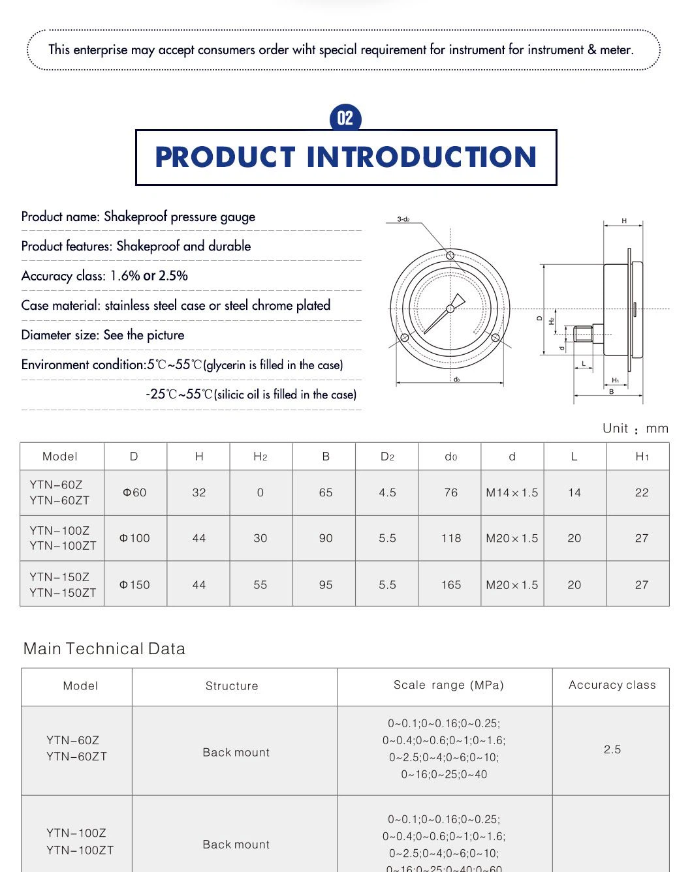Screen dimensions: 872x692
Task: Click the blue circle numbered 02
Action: (x=345, y=118)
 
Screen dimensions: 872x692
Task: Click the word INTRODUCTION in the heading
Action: (x=421, y=157)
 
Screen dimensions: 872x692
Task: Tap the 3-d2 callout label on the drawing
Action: (x=403, y=219)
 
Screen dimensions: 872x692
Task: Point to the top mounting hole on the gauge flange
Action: (x=450, y=255)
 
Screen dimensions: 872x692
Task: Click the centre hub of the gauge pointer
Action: (x=450, y=308)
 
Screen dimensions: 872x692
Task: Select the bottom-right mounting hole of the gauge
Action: (x=495, y=338)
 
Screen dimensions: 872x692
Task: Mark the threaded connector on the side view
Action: (x=582, y=334)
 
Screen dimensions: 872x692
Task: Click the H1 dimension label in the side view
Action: (x=616, y=380)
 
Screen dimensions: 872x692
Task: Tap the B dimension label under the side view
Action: (x=612, y=392)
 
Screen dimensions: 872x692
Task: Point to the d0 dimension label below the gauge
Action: (x=456, y=380)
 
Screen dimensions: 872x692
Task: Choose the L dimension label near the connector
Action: (x=584, y=364)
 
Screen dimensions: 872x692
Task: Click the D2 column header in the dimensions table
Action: (x=387, y=457)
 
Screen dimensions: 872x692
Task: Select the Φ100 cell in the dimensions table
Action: (x=134, y=538)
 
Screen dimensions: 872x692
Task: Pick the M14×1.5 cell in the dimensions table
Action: (x=512, y=492)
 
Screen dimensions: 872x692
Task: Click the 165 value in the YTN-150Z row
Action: (x=450, y=585)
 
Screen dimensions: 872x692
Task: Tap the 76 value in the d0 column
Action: (x=450, y=492)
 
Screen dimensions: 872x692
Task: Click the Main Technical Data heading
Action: (x=104, y=648)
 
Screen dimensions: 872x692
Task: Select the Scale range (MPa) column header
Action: (x=448, y=685)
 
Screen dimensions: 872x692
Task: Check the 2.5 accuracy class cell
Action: (x=612, y=749)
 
